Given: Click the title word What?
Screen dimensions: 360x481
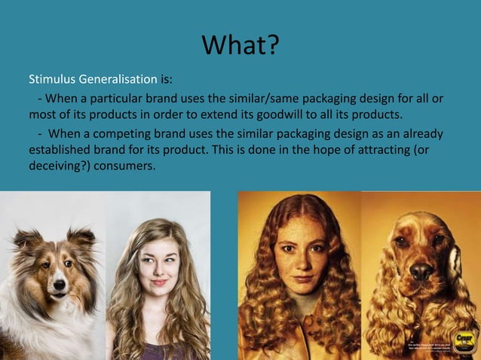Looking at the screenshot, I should [x=240, y=47].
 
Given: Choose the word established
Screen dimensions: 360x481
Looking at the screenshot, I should [x=60, y=151].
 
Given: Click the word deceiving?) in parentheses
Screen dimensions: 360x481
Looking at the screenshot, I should [x=60, y=167].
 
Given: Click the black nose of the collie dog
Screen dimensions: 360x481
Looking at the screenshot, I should [x=59, y=285].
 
